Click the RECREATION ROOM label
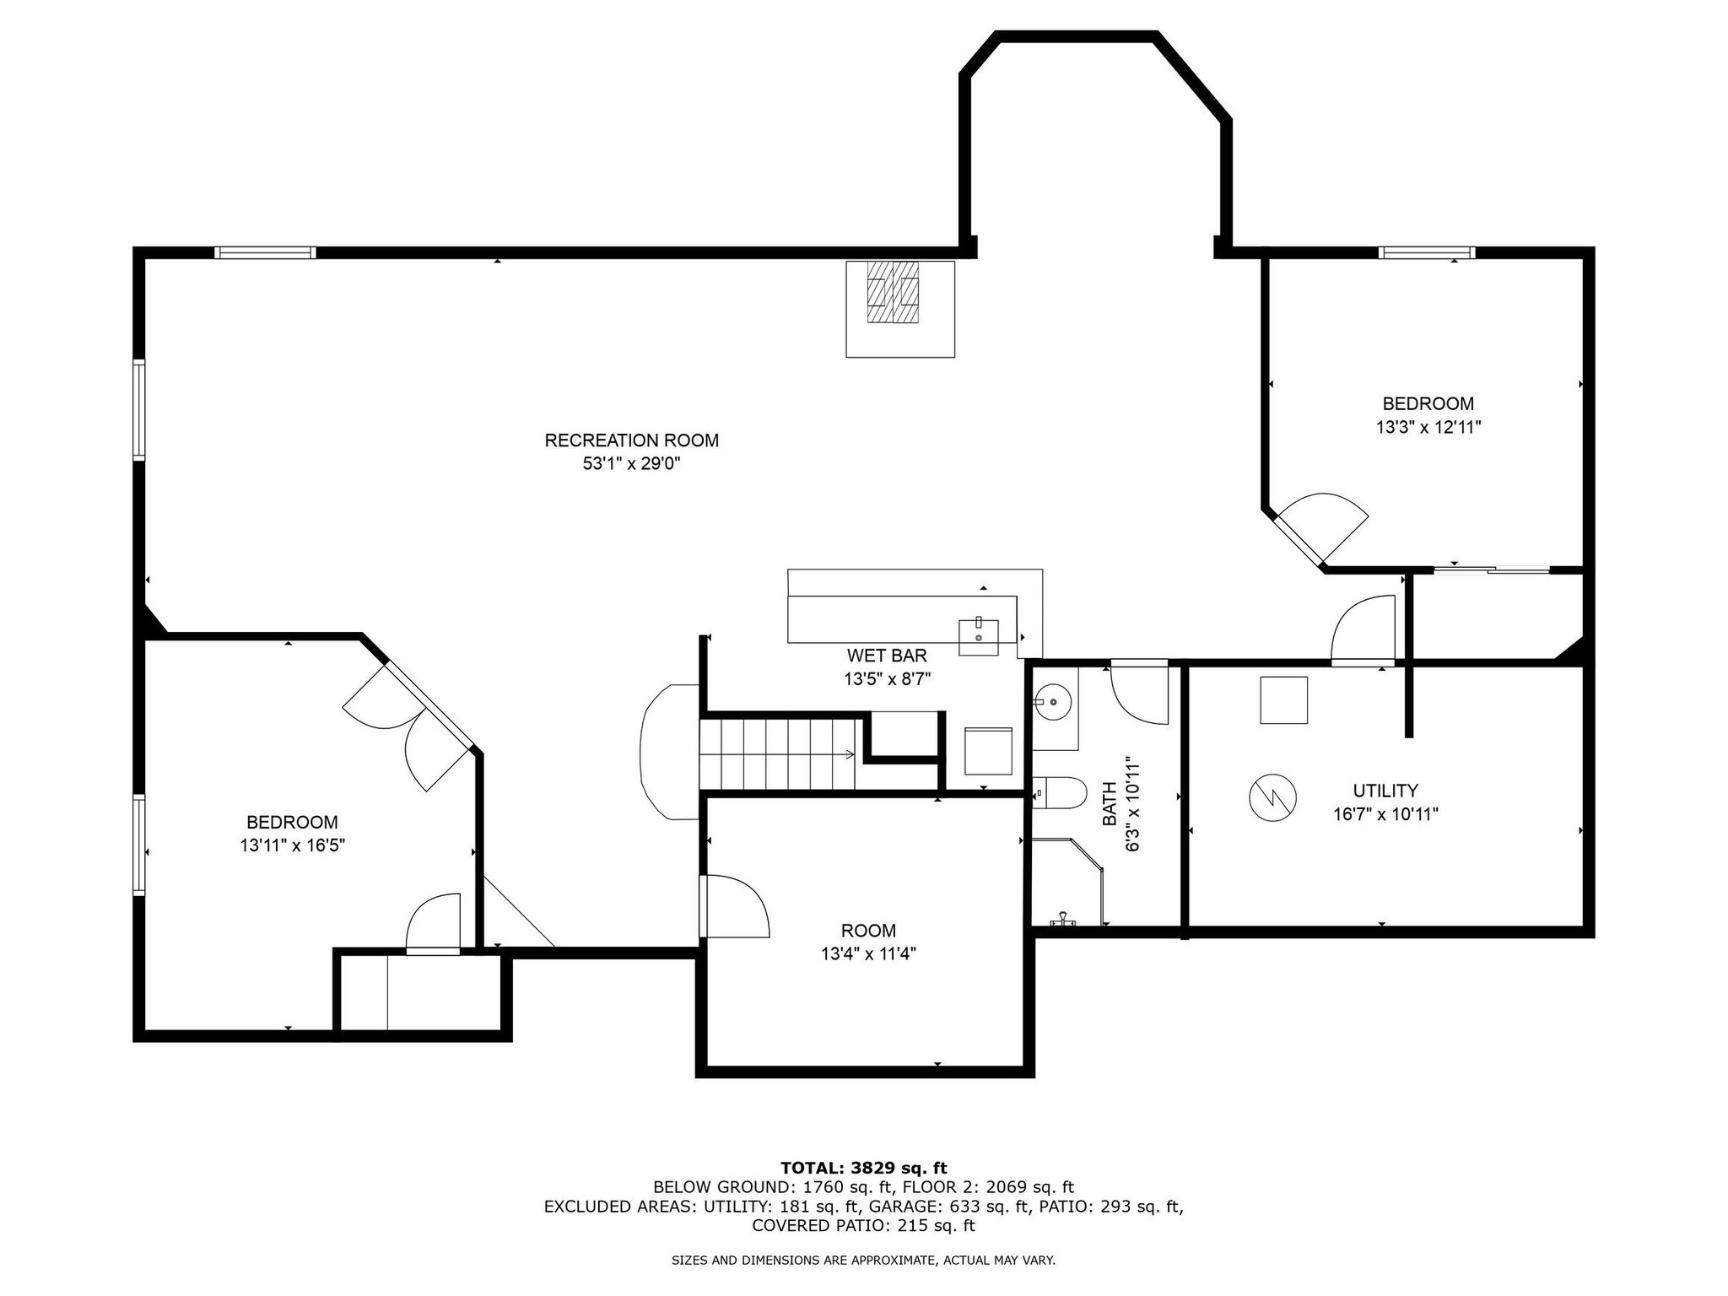pos(631,440)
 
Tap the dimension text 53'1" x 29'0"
pos(631,463)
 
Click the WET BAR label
pos(887,656)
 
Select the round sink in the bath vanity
pos(1053,701)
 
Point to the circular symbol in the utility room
pos(1272,796)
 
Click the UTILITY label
pos(1385,791)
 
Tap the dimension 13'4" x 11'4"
pos(868,954)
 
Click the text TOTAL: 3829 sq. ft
pos(863,1168)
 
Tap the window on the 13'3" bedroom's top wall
pos(1427,252)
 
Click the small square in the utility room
pos(1283,699)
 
